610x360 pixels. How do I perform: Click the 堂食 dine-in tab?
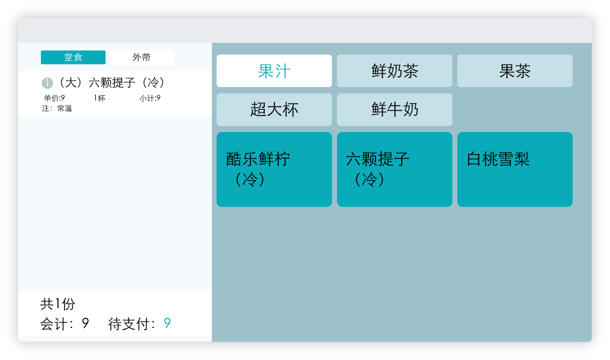[73, 57]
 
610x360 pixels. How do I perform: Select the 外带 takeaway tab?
[141, 57]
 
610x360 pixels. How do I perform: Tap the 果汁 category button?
[274, 70]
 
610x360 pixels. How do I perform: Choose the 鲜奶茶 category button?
[394, 70]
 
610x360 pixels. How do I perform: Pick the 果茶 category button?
[515, 70]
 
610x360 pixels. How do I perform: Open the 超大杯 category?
[274, 110]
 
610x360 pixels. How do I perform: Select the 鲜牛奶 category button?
[394, 110]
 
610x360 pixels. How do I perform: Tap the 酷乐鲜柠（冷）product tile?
[274, 169]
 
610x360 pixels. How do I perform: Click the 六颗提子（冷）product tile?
[394, 169]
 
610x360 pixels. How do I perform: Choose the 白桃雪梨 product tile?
[515, 169]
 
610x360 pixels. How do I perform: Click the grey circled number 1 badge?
[47, 83]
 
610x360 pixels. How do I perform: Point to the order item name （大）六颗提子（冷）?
[112, 82]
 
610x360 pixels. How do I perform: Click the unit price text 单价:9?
[54, 98]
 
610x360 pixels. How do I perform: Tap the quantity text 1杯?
[99, 98]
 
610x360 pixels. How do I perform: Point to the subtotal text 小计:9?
[150, 98]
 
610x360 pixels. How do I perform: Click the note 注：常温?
[57, 108]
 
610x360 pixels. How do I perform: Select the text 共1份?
[57, 304]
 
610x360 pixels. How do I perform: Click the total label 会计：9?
[65, 323]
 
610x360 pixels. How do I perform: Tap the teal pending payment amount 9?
[167, 323]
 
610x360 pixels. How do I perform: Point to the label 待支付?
[132, 323]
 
